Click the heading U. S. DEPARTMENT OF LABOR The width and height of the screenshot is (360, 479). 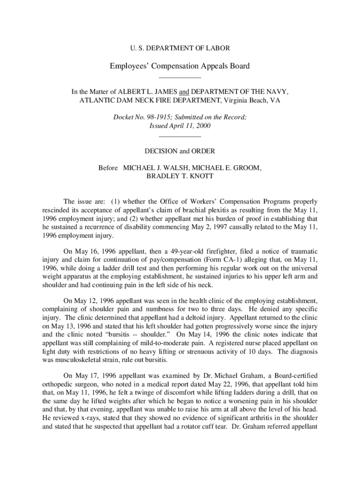pyautogui.click(x=180, y=48)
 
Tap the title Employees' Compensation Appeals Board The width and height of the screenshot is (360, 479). pyautogui.click(x=180, y=66)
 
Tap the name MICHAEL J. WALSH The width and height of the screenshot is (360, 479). pyautogui.click(x=152, y=167)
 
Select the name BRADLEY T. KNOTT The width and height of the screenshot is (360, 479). pyautogui.click(x=180, y=176)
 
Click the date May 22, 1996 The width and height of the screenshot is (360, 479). pyautogui.click(x=202, y=383)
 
